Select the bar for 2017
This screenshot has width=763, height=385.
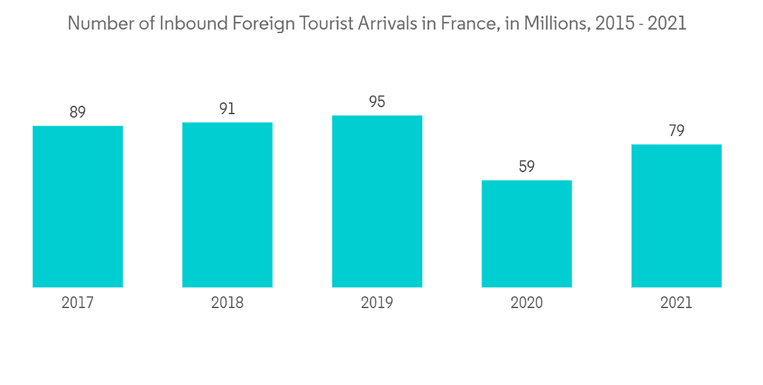[x=78, y=206]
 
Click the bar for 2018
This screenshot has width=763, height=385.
[x=227, y=205]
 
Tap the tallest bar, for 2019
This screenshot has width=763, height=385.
[x=377, y=201]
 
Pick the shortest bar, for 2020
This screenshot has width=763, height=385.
[x=526, y=234]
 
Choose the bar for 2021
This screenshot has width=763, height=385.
[x=676, y=215]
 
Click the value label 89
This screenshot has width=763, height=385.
[x=78, y=112]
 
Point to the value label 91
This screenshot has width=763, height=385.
[x=227, y=109]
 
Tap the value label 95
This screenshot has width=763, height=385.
[x=377, y=102]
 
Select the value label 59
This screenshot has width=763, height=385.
[x=526, y=167]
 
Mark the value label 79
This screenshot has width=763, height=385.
[x=676, y=131]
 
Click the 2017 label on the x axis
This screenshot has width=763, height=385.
[x=78, y=303]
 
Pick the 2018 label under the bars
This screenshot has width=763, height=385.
[x=227, y=303]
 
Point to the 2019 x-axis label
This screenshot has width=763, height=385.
[x=377, y=303]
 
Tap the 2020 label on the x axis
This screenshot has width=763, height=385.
[x=526, y=303]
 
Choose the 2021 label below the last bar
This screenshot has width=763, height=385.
[x=676, y=303]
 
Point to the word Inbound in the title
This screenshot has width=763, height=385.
[x=186, y=24]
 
